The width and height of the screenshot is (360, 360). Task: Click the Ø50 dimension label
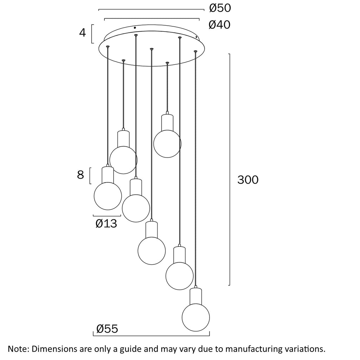[x=220, y=8]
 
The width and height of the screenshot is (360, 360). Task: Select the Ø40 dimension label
[x=219, y=25]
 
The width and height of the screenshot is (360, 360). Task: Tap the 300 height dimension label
[x=248, y=180]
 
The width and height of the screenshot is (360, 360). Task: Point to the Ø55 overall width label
[x=107, y=329]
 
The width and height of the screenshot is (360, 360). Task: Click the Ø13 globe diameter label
[x=106, y=223]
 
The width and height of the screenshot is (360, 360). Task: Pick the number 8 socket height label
[x=81, y=175]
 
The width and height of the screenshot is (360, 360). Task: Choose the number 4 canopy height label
[x=82, y=33]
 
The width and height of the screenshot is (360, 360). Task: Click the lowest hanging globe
[x=196, y=317]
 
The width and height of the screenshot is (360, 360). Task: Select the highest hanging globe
[x=167, y=144]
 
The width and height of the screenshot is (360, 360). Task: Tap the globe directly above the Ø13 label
[x=108, y=196]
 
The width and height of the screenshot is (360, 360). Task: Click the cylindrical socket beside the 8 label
[x=108, y=175]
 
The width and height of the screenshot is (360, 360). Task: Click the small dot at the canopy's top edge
[x=135, y=28]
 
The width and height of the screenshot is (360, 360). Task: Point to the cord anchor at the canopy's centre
[x=151, y=49]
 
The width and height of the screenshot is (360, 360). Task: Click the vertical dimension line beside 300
[x=229, y=169]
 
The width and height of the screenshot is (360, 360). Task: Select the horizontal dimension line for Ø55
[x=151, y=336]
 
